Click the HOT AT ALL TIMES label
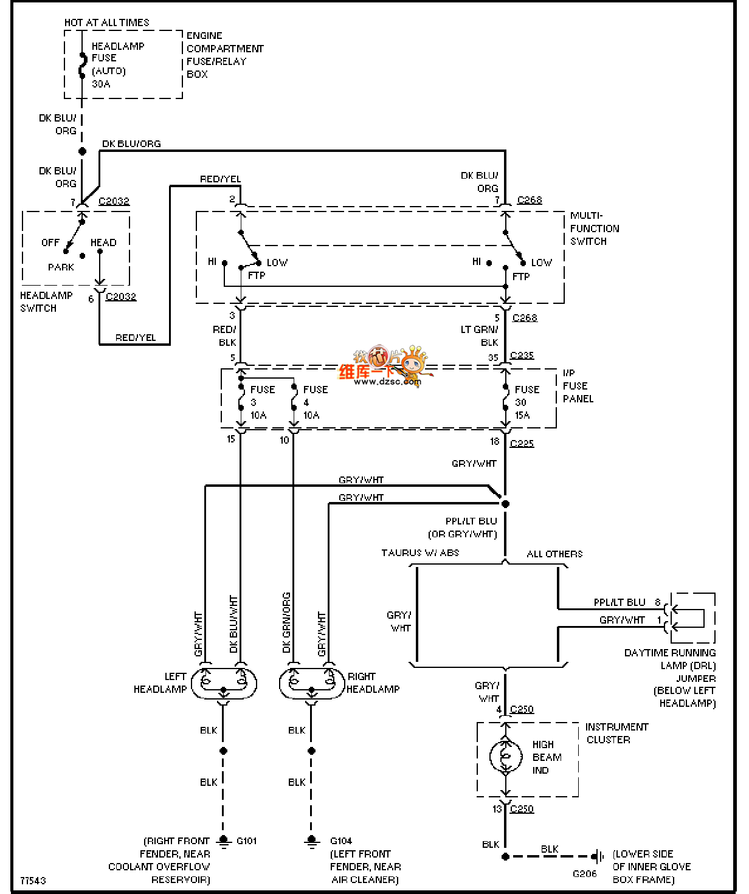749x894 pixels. [106, 22]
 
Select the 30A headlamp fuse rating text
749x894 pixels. [101, 84]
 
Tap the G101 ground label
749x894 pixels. [246, 841]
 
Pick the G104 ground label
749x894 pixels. [341, 841]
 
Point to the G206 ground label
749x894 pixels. [584, 873]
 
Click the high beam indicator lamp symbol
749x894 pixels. [505, 756]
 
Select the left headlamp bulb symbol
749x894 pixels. [224, 683]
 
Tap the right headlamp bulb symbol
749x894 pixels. [311, 683]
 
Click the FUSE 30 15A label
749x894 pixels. [526, 402]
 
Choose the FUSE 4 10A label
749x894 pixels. [315, 402]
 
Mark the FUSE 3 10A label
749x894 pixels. [262, 402]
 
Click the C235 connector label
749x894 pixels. [522, 356]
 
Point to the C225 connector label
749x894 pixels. [522, 443]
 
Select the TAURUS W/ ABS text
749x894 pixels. [420, 552]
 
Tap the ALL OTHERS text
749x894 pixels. [554, 554]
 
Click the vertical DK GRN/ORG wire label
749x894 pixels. [286, 622]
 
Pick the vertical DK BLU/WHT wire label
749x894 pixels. [233, 624]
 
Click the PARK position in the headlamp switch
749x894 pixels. [61, 267]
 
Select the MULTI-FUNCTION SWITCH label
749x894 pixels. [594, 229]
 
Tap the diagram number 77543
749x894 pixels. [33, 880]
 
